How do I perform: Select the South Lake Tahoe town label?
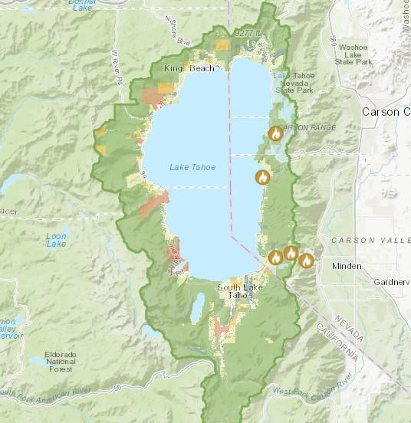pos(234,292)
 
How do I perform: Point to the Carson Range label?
pos(310,126)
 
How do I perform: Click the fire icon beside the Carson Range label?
pos(276,133)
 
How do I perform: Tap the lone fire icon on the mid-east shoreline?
pos(263,177)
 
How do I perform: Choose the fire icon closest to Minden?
pos(307,260)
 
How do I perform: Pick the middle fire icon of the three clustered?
pos(291,253)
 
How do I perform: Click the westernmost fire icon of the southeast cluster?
pos(275,257)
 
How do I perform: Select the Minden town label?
pos(347,266)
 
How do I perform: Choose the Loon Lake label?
pos(56,239)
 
